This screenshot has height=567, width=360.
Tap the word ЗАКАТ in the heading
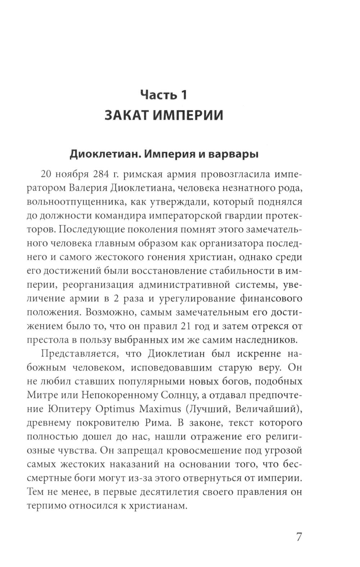[126, 115]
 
